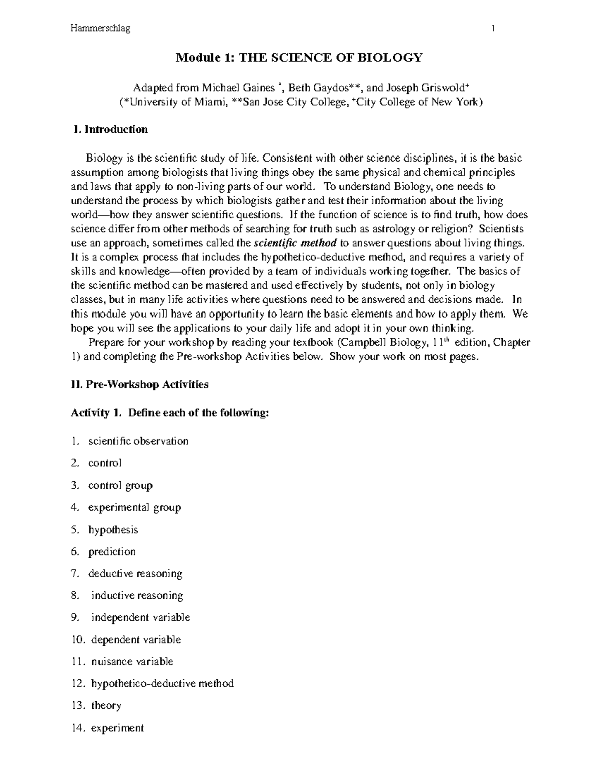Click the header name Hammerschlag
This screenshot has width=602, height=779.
[x=100, y=29]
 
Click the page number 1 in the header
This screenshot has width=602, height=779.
[x=494, y=29]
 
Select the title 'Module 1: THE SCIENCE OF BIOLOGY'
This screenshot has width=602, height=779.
[x=299, y=58]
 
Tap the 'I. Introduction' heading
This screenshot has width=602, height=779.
[x=110, y=129]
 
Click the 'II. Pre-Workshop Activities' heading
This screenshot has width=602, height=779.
[x=140, y=385]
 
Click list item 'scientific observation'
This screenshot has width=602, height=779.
[x=138, y=441]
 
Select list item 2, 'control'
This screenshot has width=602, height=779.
[x=105, y=463]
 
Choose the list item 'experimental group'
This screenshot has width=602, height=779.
[x=134, y=507]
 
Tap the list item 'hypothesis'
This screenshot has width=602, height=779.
[x=113, y=530]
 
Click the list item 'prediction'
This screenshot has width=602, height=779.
[x=112, y=552]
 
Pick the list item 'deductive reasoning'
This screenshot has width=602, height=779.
[x=135, y=573]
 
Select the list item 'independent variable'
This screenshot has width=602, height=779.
[x=140, y=617]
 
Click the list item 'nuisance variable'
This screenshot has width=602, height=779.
[x=132, y=662]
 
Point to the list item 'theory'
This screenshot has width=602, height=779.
[x=106, y=705]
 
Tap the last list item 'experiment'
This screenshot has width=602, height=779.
[x=117, y=728]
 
